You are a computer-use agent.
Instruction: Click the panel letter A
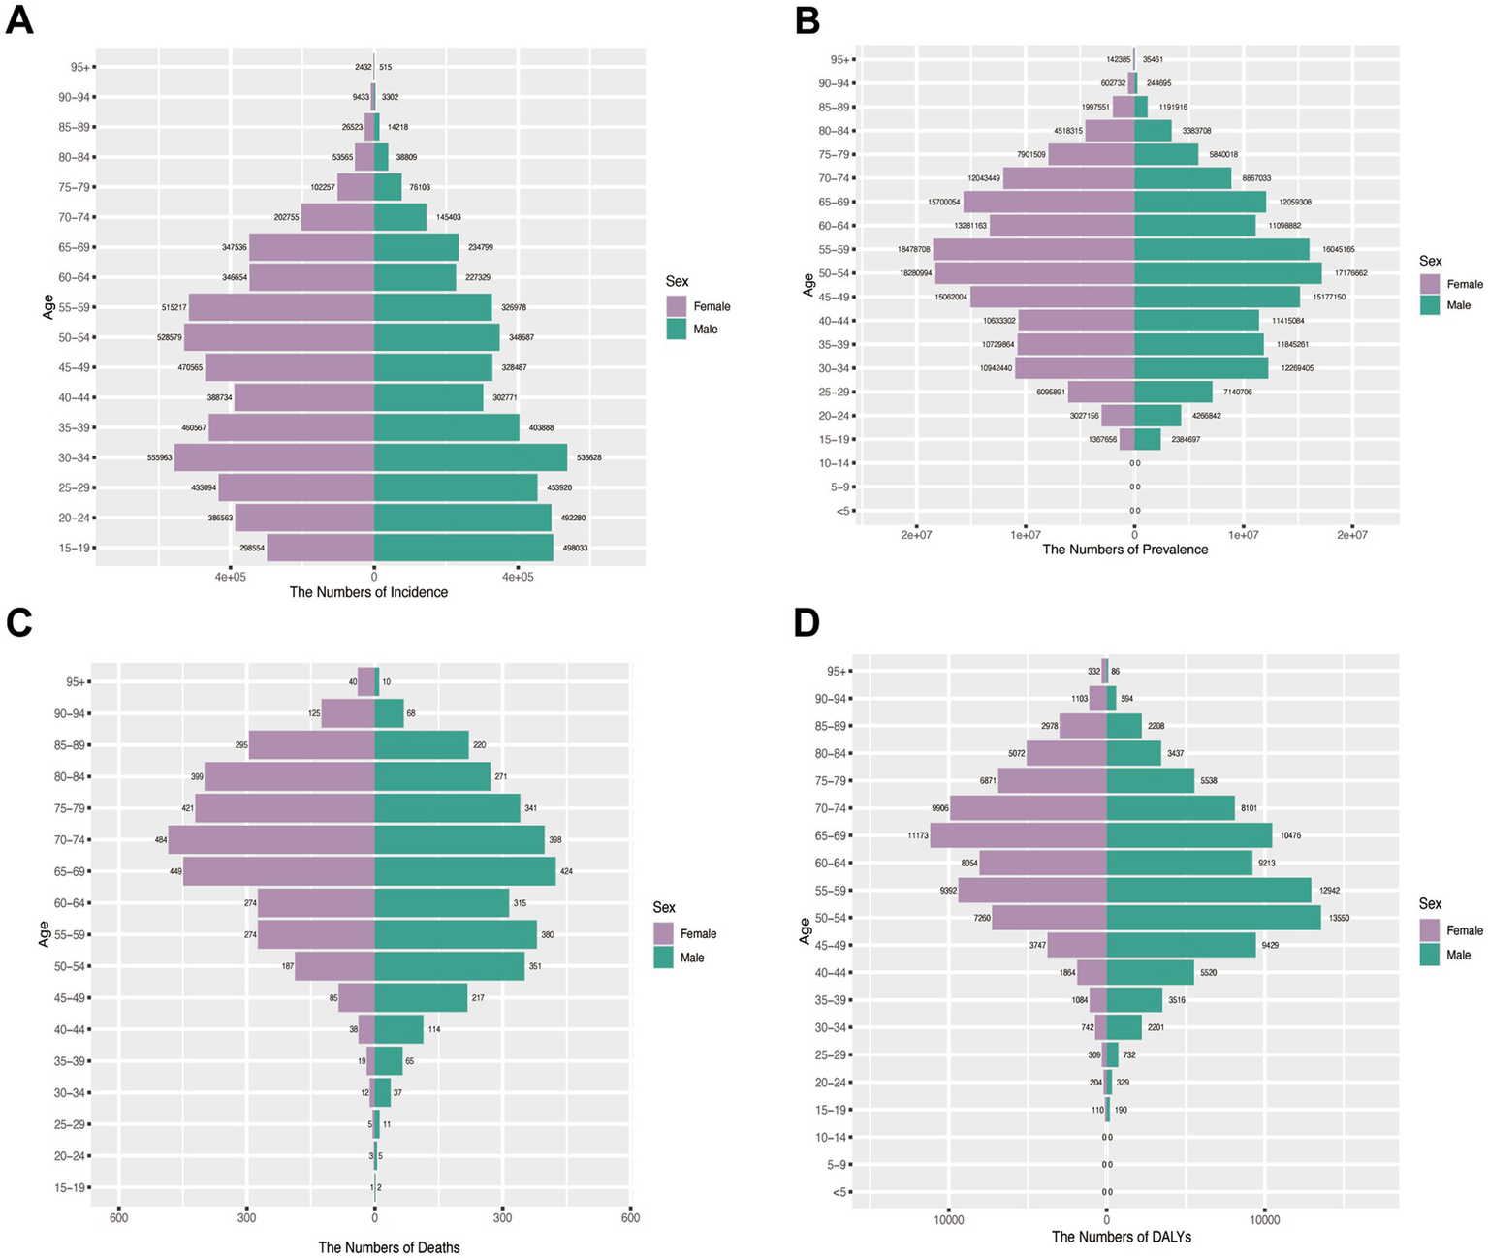click(19, 20)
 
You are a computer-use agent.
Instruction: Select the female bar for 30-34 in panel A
click(274, 457)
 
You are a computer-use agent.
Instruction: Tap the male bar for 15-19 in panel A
click(463, 548)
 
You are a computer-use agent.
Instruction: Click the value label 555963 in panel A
click(159, 457)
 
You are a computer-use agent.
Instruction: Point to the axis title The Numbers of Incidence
click(368, 592)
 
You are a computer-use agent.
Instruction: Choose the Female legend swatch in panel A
click(677, 306)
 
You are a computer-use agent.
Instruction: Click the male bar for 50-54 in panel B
click(1227, 273)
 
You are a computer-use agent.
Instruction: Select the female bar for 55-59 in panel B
click(1033, 249)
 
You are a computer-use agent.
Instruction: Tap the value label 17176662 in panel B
click(1350, 273)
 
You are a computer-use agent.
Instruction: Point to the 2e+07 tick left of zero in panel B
click(916, 535)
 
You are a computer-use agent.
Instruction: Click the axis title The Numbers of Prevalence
click(1124, 550)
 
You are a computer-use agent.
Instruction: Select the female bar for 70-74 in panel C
click(271, 840)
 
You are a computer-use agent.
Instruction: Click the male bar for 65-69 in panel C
click(465, 871)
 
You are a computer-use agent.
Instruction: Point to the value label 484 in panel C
click(160, 840)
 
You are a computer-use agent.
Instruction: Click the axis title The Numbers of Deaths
click(389, 1247)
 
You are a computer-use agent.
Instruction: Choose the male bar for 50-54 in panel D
click(1214, 918)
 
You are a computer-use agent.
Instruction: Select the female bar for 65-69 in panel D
click(1018, 835)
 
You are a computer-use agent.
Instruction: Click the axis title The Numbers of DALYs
click(1122, 1237)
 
